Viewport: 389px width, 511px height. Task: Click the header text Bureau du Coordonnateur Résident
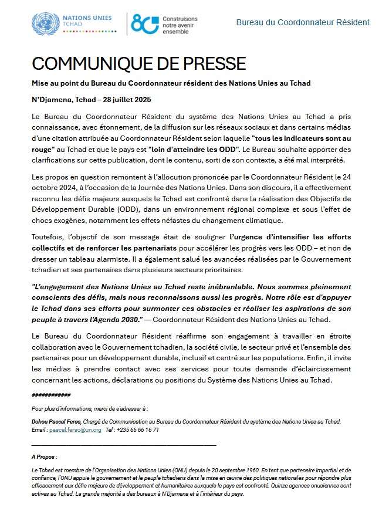(x=302, y=22)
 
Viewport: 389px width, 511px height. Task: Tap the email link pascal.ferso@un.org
(x=76, y=430)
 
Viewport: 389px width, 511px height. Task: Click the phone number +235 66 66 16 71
(x=137, y=430)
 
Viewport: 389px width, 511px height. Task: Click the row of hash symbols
(x=51, y=395)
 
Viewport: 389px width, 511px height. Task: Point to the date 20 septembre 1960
(x=227, y=471)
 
